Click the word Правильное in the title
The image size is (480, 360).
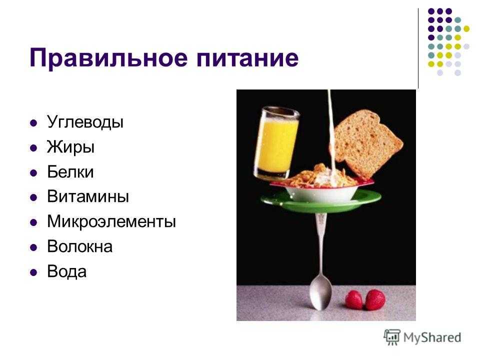point(108,57)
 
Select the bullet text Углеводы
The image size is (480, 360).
point(85,122)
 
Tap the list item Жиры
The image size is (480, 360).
point(70,147)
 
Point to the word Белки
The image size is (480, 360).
point(70,171)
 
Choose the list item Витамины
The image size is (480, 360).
point(88,196)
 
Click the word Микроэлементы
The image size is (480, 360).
point(111,221)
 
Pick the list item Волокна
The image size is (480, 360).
point(80,246)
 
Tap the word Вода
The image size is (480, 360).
point(66,271)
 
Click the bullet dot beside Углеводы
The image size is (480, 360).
point(33,123)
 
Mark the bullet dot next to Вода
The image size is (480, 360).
point(33,272)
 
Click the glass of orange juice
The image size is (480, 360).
point(276,142)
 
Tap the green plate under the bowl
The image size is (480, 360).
point(321,202)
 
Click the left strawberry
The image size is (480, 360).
point(354,300)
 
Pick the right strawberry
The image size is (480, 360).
point(375,299)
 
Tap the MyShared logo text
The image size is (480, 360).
point(432,338)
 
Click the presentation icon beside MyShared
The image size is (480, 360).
point(392,337)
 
